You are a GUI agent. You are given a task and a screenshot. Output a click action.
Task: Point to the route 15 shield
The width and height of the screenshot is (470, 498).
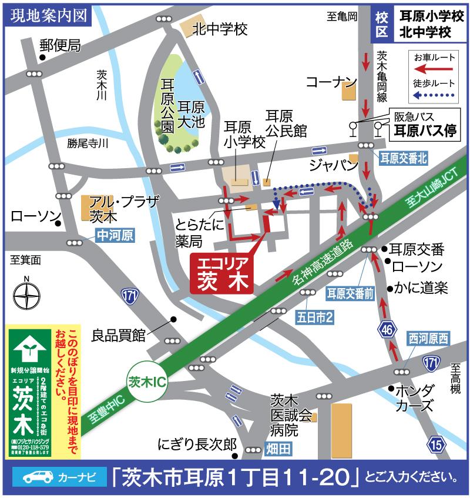435,446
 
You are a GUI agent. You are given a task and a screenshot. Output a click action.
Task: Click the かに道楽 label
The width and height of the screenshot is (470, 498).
421,288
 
